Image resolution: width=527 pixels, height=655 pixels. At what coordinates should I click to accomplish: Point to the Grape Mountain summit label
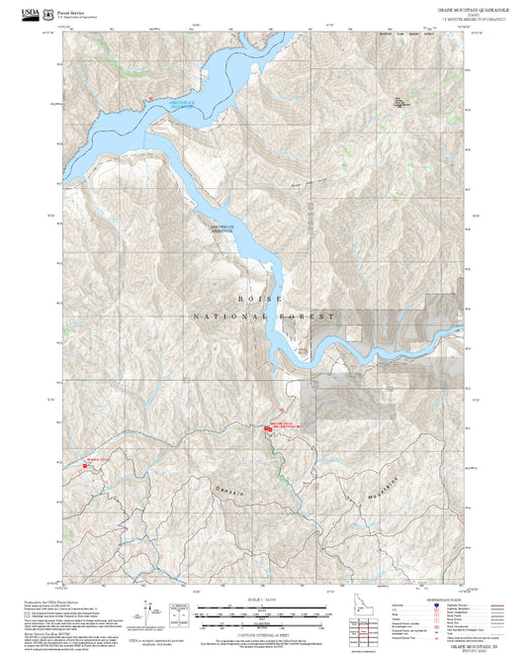tap(399, 101)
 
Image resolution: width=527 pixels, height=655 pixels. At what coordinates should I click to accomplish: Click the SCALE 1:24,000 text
tap(262, 600)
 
